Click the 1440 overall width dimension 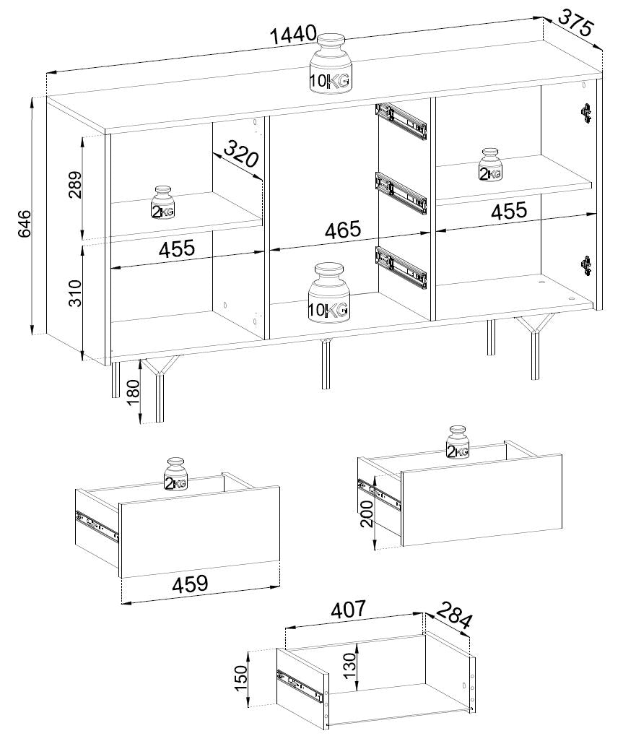pyautogui.click(x=294, y=34)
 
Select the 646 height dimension pyautogui.click(x=24, y=224)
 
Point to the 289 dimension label pyautogui.click(x=74, y=185)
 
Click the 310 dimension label pyautogui.click(x=75, y=293)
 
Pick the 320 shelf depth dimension pyautogui.click(x=240, y=153)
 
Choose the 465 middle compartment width pyautogui.click(x=344, y=230)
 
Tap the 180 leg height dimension pyautogui.click(x=134, y=392)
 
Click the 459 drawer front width pyautogui.click(x=190, y=584)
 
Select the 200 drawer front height pyautogui.click(x=367, y=514)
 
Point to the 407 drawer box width pyautogui.click(x=349, y=610)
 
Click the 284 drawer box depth pyautogui.click(x=454, y=615)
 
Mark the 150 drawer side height pyautogui.click(x=240, y=677)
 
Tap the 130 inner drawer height pyautogui.click(x=349, y=666)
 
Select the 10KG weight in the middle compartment pyautogui.click(x=329, y=293)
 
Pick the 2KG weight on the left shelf pyautogui.click(x=162, y=203)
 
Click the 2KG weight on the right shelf pyautogui.click(x=490, y=165)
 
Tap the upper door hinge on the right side pyautogui.click(x=585, y=113)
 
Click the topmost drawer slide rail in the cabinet pyautogui.click(x=401, y=121)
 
